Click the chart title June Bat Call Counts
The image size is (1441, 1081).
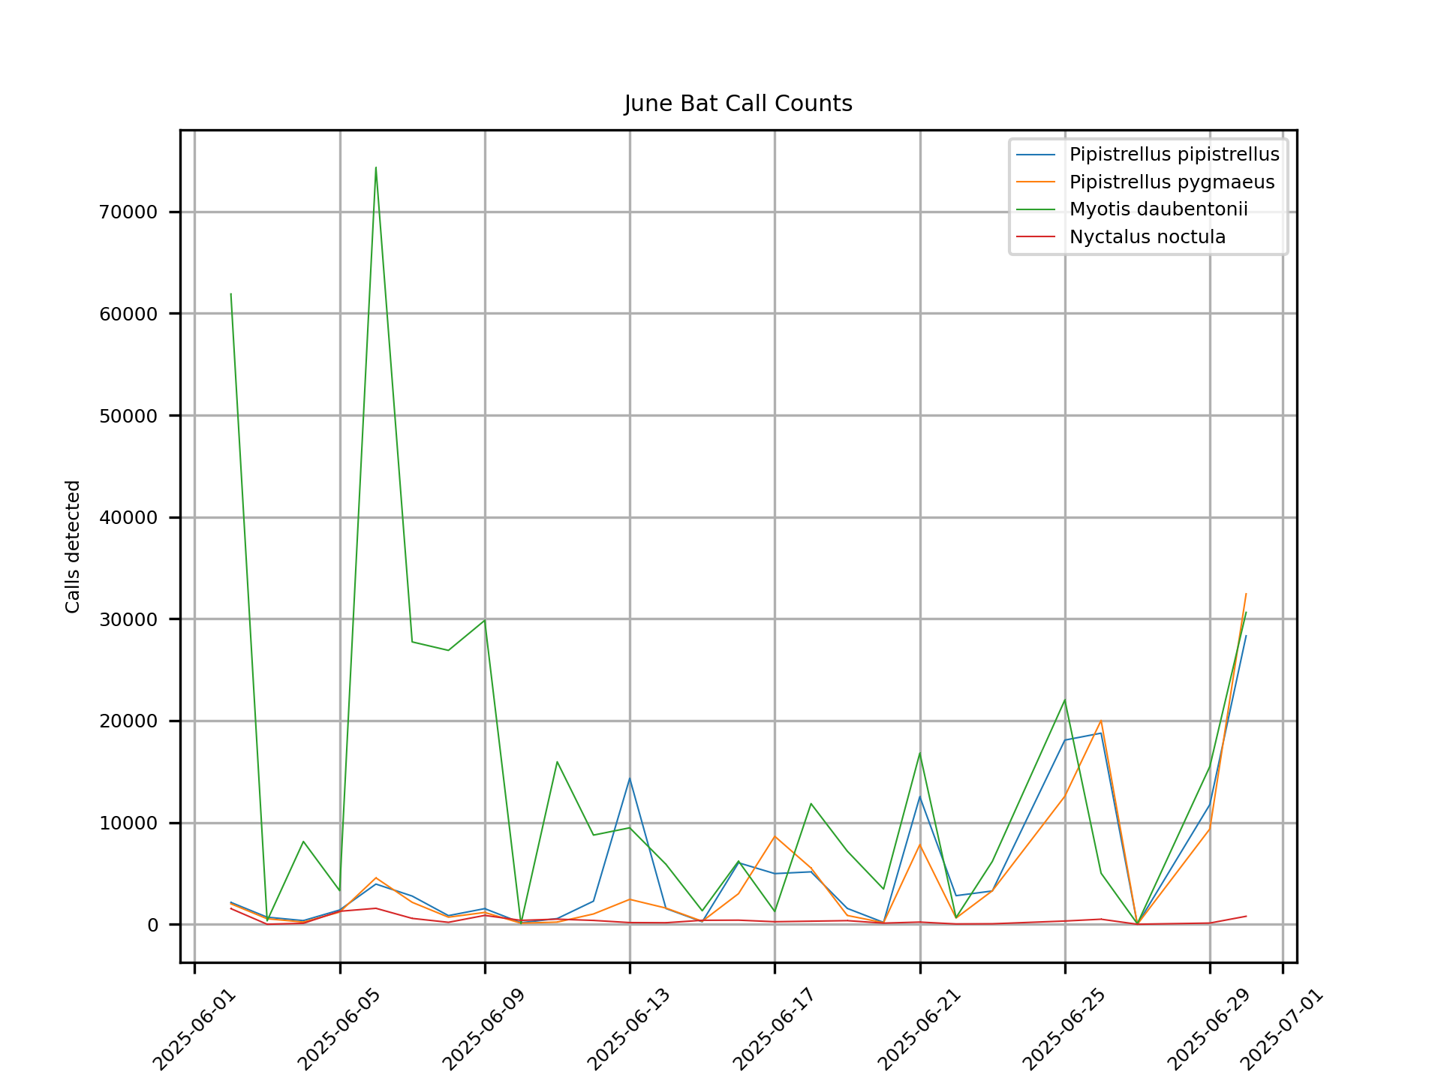coord(738,104)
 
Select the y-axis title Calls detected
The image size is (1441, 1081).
coord(73,547)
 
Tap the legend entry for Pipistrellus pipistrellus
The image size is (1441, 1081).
coord(1173,155)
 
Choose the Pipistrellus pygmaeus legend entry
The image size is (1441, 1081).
coord(1171,182)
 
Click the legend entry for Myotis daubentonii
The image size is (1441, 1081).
coord(1158,209)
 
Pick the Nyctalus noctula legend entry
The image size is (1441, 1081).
coord(1147,237)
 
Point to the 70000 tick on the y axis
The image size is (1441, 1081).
coord(128,212)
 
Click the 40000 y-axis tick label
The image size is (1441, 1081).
coord(128,518)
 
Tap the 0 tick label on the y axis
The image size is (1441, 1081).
coord(152,925)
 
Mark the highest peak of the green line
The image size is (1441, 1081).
coord(376,167)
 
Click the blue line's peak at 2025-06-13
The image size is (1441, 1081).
coord(630,778)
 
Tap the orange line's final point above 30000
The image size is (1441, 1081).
coord(1246,594)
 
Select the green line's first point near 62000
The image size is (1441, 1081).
coord(231,294)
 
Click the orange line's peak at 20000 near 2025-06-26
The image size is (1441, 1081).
coord(1101,721)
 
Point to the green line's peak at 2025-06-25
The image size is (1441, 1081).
coord(1064,700)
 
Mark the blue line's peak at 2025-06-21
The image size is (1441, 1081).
coord(919,796)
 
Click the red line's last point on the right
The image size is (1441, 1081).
coord(1246,916)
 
